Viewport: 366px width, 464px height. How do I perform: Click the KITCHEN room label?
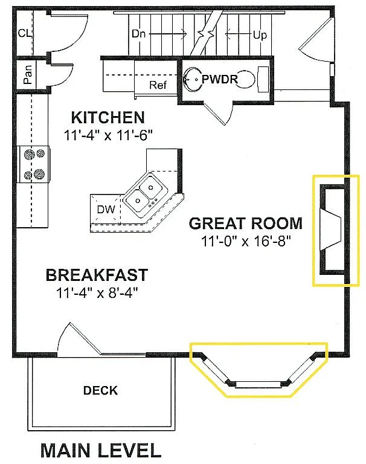108,117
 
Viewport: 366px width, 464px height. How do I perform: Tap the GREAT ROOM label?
245,223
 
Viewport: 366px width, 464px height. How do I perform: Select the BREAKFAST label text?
97,275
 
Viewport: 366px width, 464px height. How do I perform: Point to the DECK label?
100,390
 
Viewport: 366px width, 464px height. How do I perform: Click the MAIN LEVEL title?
101,450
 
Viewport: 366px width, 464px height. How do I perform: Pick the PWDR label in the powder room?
220,79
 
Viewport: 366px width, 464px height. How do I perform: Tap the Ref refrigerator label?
158,85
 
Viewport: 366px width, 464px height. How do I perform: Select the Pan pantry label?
28,75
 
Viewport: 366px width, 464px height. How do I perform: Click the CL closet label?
25,33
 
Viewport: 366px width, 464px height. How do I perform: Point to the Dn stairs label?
139,34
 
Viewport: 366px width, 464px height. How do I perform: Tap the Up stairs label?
260,35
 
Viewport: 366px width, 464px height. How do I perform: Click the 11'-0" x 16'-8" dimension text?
246,241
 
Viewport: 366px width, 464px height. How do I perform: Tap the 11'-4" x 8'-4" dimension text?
97,294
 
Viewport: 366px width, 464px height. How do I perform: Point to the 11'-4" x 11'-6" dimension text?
107,135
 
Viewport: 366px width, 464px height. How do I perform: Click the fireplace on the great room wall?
333,230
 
